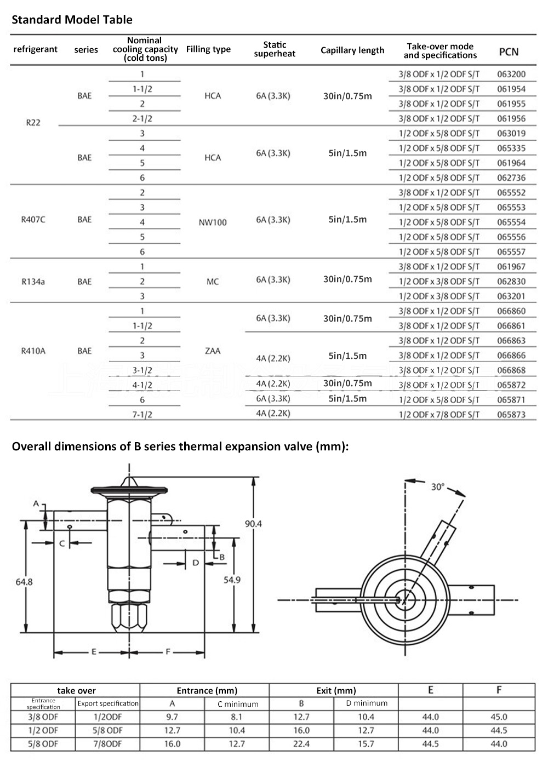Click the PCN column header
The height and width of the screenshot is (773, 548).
coord(508,51)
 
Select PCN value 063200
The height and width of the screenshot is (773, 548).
coord(511,74)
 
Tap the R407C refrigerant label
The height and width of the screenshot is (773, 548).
coord(33,220)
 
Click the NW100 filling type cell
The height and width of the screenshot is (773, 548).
coord(213,222)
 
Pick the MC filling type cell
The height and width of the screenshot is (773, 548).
coord(213,282)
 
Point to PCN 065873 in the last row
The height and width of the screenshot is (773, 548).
coord(511,415)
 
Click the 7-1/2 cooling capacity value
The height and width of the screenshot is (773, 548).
coord(142,415)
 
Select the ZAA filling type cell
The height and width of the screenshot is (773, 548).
coord(213,351)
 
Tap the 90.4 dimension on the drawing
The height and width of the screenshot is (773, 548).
coord(253,524)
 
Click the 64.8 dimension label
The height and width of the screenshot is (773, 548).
coord(24,582)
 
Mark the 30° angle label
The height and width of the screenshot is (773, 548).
coord(437,486)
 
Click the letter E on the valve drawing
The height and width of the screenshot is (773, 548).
coord(94,652)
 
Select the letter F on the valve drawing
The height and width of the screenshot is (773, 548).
coord(168,652)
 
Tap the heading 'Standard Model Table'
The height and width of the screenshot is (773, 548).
coord(72,20)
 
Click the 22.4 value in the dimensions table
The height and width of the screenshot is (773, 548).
coord(301,743)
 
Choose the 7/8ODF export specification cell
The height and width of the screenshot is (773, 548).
coord(107,743)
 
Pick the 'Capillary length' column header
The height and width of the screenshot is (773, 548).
coord(352,50)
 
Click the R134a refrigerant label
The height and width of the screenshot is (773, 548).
coord(33,282)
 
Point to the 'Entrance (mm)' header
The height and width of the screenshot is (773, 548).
coord(207,690)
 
